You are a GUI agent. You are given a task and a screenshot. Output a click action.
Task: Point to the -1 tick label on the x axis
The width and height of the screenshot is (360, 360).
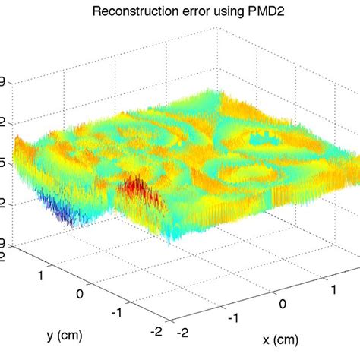[x=234, y=320]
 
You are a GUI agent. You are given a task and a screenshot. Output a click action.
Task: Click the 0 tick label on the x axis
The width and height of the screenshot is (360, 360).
[x=284, y=305]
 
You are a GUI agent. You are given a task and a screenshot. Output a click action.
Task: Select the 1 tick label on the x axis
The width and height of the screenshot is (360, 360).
[x=332, y=289]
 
